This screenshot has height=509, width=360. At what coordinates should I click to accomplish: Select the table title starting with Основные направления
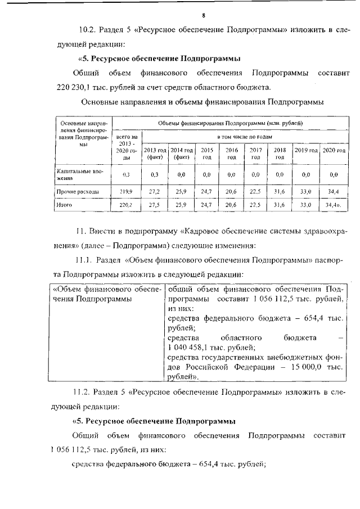(202, 102)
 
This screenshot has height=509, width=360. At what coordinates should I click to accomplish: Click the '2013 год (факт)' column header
(155, 154)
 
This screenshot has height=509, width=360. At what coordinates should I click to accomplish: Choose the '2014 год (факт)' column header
(182, 154)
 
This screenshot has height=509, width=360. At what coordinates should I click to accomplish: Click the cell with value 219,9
(126, 192)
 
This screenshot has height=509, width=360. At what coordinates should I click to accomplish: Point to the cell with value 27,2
(155, 192)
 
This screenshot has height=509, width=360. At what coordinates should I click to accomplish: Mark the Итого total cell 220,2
(126, 206)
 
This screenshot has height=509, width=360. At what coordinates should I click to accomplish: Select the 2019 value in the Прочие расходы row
(306, 192)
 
